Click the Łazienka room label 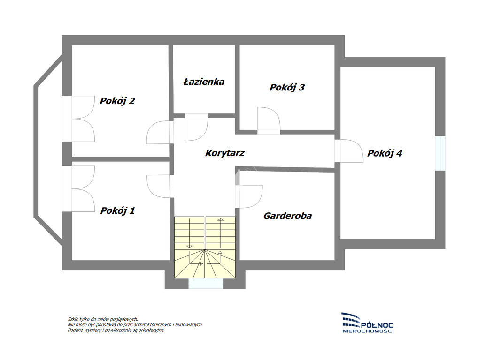click(x=204, y=82)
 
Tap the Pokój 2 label click(x=117, y=101)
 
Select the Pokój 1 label click(x=118, y=210)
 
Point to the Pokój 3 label click(x=287, y=87)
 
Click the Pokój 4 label click(x=385, y=153)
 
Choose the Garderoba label click(x=287, y=216)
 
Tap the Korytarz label click(x=225, y=153)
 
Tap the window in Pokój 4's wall click(x=440, y=153)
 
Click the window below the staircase click(x=206, y=284)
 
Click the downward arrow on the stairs click(x=189, y=232)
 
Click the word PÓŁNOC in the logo click(x=377, y=326)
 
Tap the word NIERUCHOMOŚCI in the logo click(x=368, y=331)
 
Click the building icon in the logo click(x=351, y=320)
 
